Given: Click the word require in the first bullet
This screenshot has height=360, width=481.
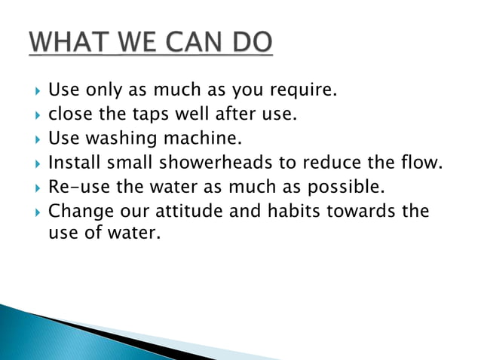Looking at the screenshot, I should pos(302,92).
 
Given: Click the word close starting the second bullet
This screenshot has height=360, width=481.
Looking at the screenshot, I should pos(69,115).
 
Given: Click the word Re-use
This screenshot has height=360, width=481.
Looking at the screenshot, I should pos(77,187).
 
